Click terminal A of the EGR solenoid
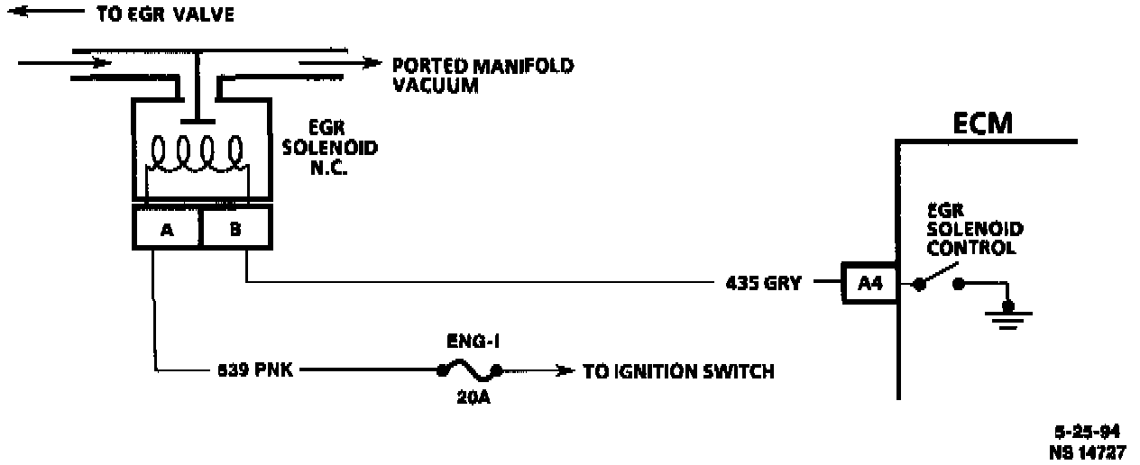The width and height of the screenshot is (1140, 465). [x=166, y=229]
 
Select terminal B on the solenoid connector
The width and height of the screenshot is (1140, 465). [x=234, y=229]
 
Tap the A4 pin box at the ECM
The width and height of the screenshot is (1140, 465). [x=869, y=283]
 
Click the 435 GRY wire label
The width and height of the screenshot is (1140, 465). [x=763, y=283]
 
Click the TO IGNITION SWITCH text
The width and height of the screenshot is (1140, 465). [x=678, y=371]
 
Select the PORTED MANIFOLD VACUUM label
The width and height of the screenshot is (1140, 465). [x=483, y=76]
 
